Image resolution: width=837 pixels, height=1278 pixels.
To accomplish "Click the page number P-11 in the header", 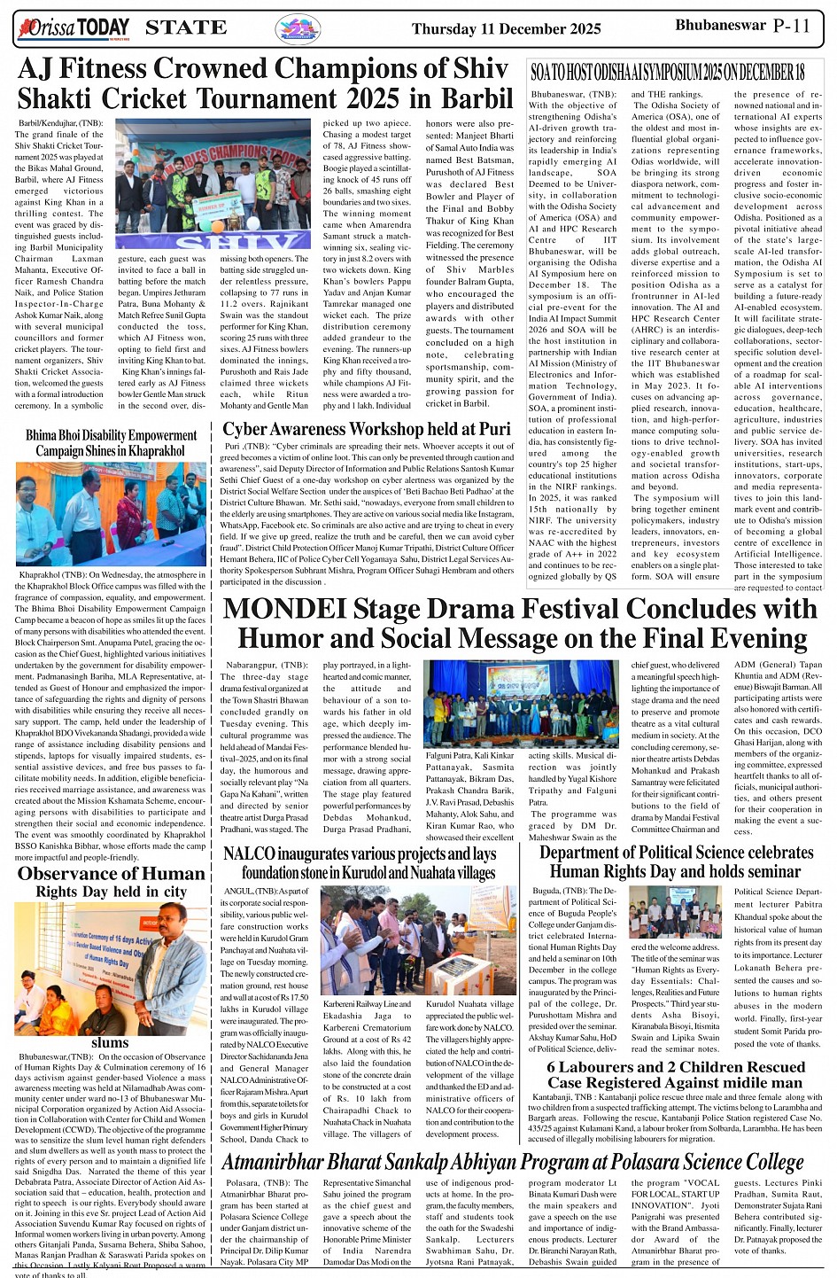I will click(791, 26).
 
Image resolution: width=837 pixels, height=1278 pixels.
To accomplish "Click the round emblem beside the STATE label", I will click(298, 28).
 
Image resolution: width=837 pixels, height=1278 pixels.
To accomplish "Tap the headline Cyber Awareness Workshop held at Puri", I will click(367, 430).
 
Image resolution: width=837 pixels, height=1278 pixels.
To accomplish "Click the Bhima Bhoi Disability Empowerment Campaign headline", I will click(111, 442).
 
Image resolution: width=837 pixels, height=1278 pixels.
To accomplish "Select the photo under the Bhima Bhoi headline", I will click(111, 514).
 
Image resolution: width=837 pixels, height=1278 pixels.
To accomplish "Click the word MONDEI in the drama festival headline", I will click(281, 610).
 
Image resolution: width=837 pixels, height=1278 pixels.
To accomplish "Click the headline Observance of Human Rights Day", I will click(111, 882).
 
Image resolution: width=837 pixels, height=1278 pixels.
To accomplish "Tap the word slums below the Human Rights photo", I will click(110, 1042).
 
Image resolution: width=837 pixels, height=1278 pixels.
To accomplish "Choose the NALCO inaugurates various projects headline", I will click(360, 862).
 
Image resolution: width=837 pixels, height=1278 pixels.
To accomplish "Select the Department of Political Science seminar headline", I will click(676, 861).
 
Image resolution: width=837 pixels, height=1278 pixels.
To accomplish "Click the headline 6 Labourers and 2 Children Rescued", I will click(675, 1074).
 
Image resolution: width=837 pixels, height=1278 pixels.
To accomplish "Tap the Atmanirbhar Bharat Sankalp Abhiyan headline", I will click(512, 1162).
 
